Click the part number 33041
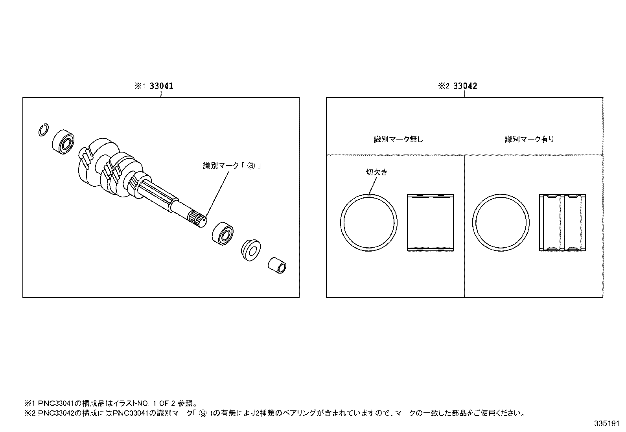161,86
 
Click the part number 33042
465,86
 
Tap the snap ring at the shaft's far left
43,131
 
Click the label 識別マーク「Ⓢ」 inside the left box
232,166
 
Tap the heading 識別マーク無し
398,139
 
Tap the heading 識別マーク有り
529,139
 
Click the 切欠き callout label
376,172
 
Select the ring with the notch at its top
368,223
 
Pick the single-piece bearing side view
429,223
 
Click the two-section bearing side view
562,223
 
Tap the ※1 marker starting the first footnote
30,403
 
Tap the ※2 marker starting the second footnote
30,413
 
